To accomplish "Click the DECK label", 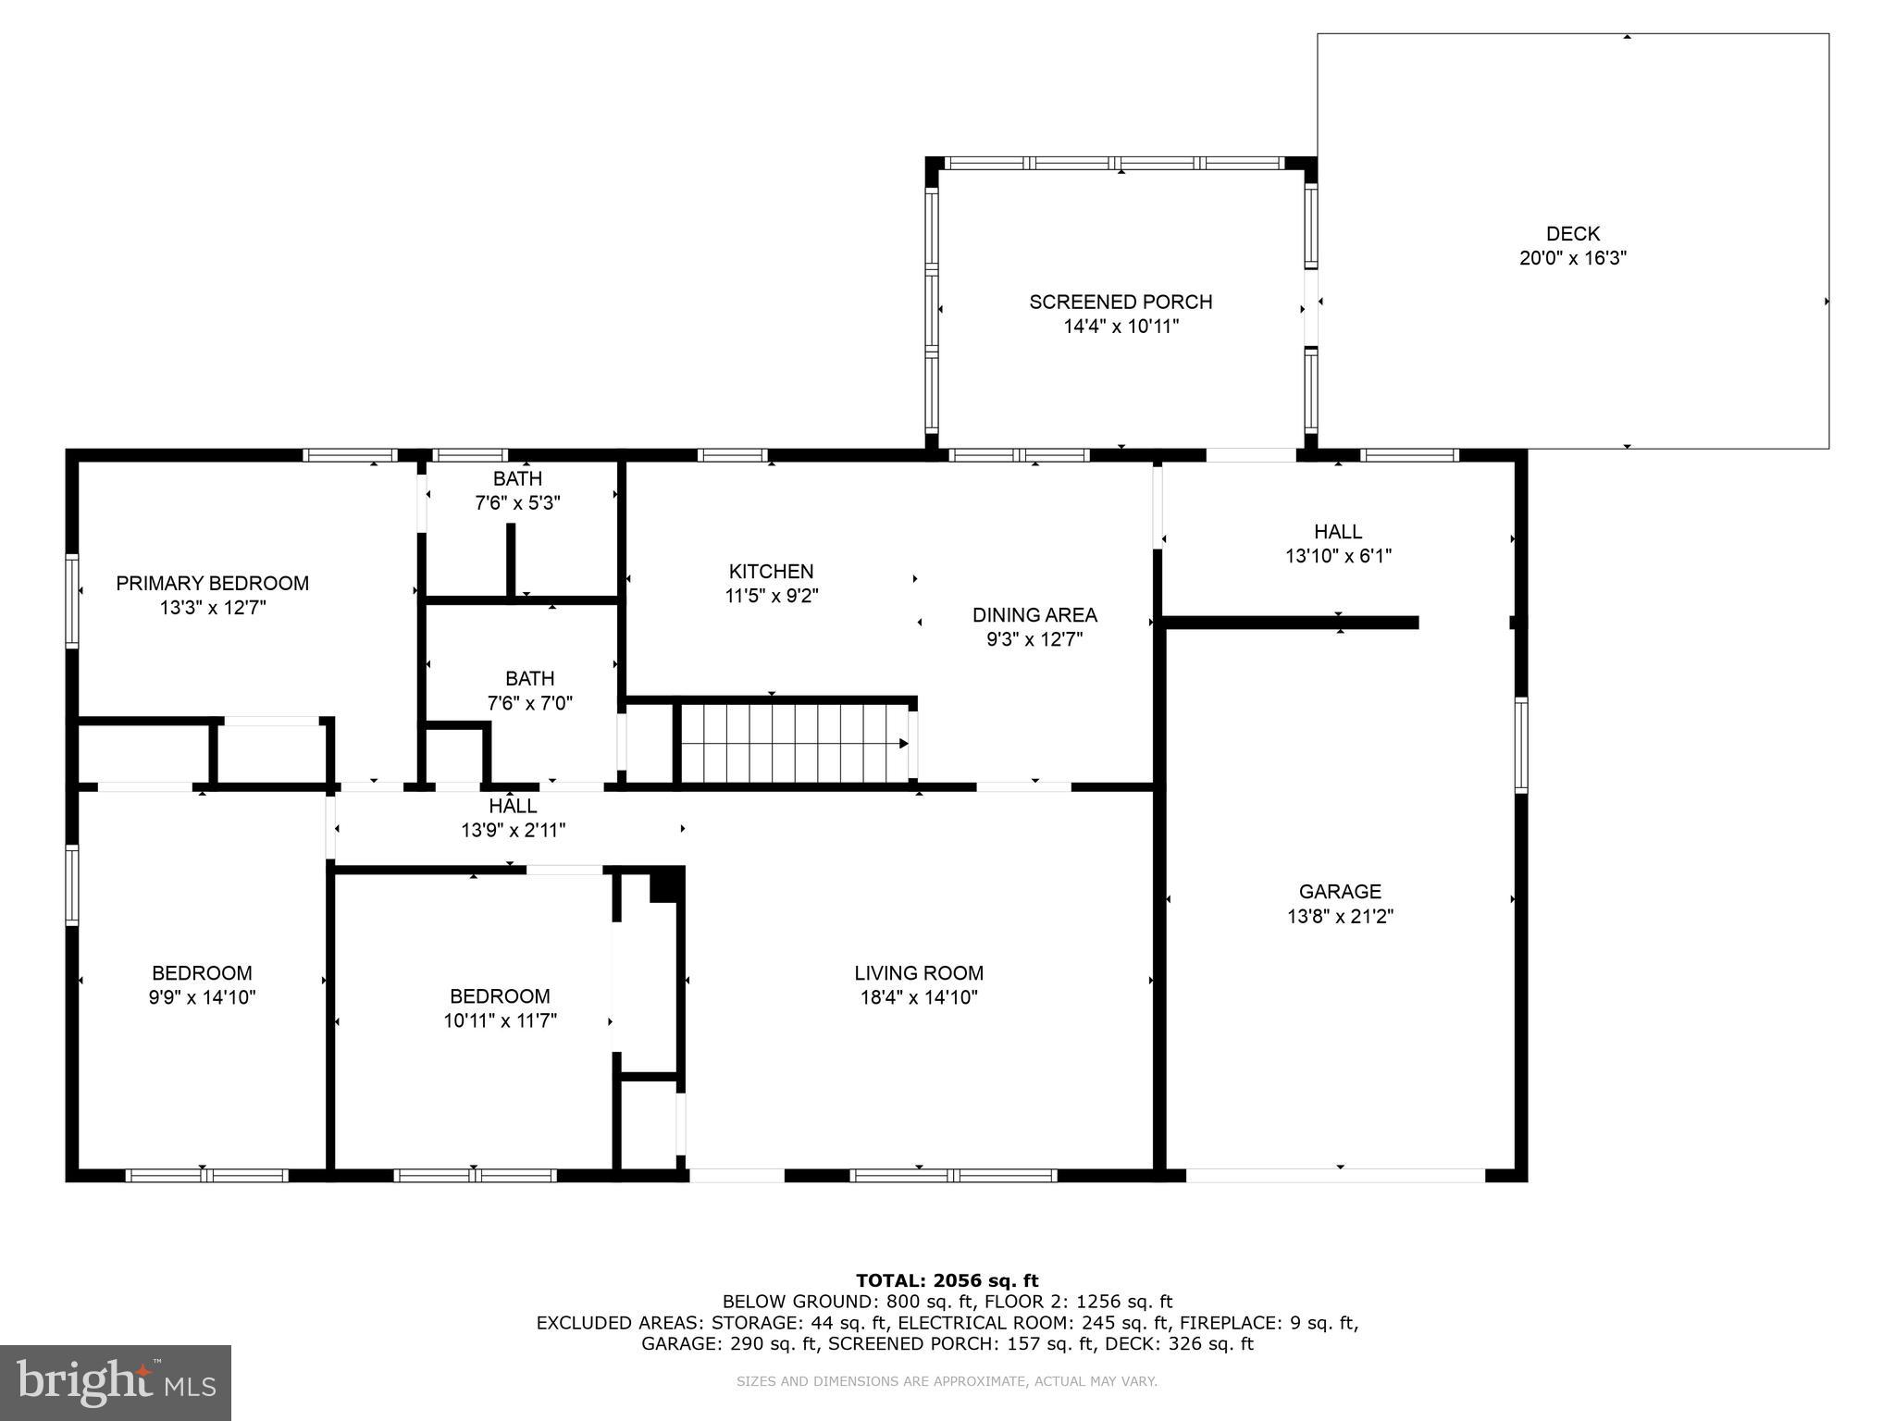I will (1572, 234).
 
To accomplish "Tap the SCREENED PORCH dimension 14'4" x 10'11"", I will (1121, 327).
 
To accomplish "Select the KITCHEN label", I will (771, 572).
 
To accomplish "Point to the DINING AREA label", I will (1034, 615).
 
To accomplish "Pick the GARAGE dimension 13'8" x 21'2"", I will (1339, 917).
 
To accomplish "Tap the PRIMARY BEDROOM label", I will (212, 584).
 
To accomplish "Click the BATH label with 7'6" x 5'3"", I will (517, 479).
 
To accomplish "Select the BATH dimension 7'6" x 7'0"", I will (529, 704).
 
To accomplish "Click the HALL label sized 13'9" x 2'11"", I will (513, 806).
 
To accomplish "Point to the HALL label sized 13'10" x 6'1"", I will (1337, 532).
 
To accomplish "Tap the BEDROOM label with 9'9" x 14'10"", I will (202, 973).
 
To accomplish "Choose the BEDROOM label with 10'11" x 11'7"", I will (500, 996).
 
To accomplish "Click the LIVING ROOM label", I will (918, 973).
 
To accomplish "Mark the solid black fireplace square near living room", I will (665, 884).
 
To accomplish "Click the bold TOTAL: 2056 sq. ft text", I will (947, 1280).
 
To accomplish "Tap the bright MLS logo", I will (115, 1382).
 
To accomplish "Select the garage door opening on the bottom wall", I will (1335, 1175).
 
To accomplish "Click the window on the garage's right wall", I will (1520, 746).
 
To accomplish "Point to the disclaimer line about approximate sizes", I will (947, 1381).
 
